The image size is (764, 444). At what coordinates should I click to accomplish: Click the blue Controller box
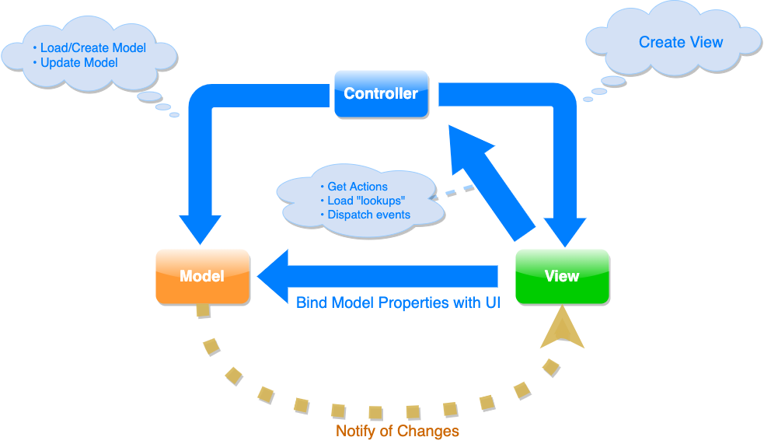(381, 93)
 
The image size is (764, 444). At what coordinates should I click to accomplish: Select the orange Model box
(202, 276)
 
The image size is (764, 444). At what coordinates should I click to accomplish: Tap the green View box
(562, 276)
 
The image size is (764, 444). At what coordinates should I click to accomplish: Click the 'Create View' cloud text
(681, 42)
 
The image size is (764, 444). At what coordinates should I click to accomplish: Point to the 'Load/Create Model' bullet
(92, 47)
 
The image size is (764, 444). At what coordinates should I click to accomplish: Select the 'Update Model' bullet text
(78, 62)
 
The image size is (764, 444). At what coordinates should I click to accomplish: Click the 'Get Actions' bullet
(357, 187)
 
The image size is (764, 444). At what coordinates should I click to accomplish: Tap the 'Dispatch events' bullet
(368, 215)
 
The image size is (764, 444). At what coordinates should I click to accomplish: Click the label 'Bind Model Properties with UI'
(398, 302)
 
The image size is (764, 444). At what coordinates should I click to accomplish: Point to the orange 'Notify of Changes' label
(397, 431)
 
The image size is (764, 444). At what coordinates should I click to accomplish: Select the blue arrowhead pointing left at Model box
(274, 275)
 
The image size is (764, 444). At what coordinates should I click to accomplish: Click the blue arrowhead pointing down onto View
(564, 229)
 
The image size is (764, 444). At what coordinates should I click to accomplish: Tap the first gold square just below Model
(203, 310)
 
